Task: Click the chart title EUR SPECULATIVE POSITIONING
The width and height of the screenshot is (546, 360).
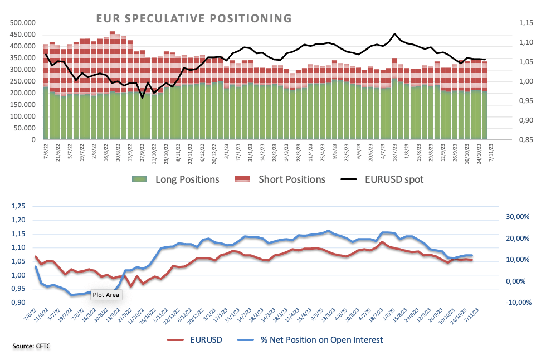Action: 194,18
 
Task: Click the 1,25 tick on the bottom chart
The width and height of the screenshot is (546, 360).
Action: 18,206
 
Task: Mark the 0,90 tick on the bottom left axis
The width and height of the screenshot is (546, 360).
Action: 18,303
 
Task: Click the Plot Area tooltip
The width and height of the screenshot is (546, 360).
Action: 106,295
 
